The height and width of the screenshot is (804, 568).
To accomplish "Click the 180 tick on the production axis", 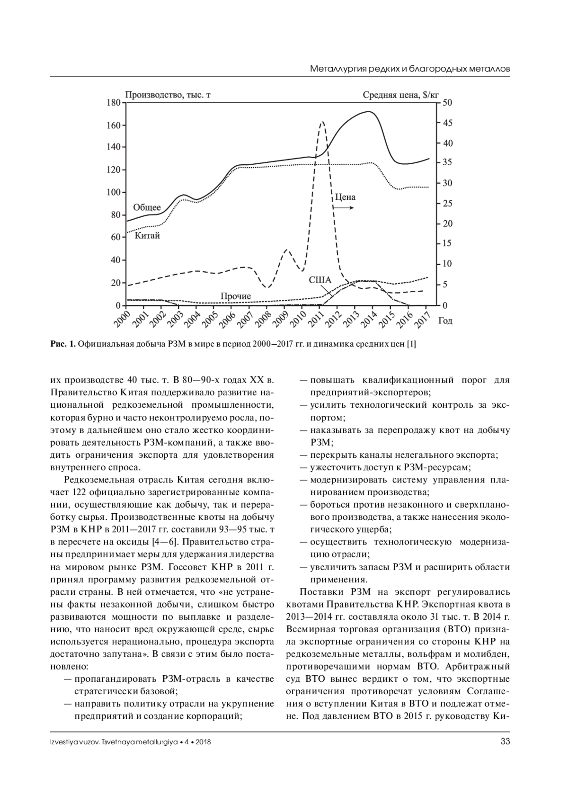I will pos(114,103).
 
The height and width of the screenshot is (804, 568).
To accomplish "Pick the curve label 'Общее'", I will pos(147,207).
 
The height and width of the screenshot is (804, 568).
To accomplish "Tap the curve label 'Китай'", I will pos(147,235).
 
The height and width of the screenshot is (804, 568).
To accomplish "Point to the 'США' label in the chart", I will pos(320,280).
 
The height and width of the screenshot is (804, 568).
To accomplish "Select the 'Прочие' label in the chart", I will pos(236,296).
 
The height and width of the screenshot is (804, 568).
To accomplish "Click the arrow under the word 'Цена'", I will pos(345,208).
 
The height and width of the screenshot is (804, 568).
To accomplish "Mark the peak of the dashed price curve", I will pos(322,122).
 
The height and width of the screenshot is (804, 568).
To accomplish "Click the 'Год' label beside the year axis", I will pos(445,321).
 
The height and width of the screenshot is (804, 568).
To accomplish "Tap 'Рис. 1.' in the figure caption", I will pos(63,344).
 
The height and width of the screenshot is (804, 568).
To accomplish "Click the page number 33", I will pos(505,742).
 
